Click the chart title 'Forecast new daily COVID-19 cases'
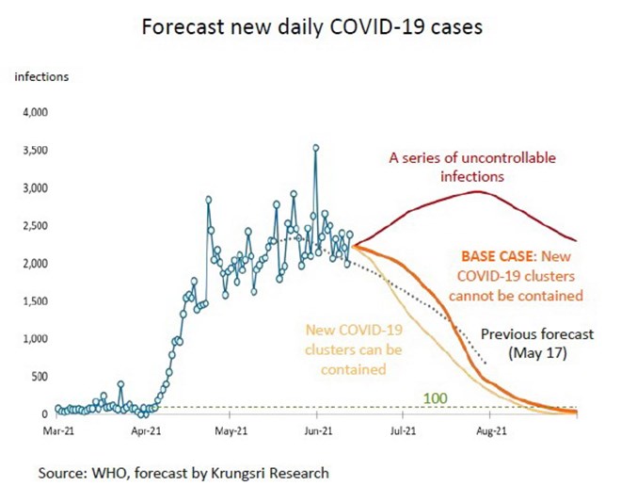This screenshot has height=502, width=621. (311, 27)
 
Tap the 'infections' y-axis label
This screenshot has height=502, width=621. (40, 76)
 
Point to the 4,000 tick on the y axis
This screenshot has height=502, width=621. (33, 113)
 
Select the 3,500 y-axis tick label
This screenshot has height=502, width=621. (33, 151)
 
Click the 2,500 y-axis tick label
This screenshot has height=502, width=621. (33, 226)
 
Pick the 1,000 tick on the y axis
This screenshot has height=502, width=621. (33, 339)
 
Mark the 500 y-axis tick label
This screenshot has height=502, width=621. (38, 377)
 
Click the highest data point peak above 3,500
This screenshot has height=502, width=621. (316, 147)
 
